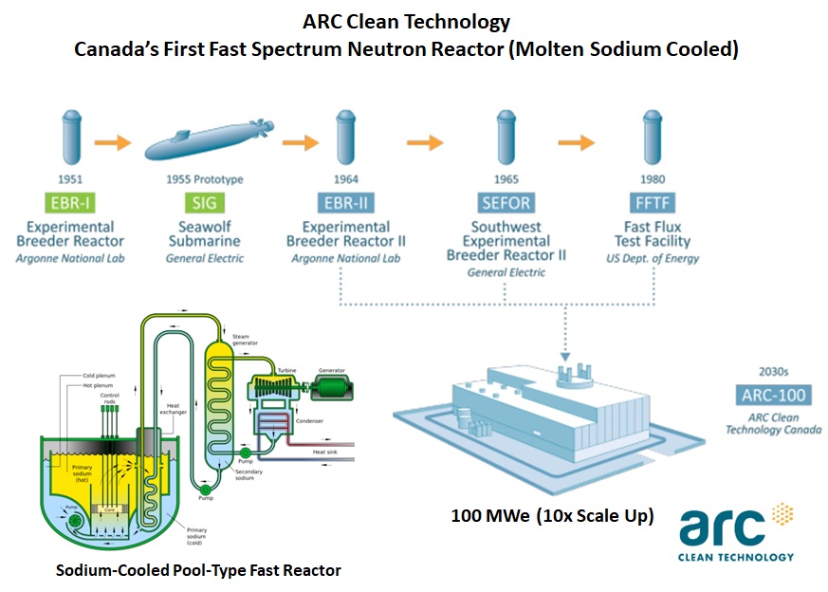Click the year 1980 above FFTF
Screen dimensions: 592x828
tap(652, 179)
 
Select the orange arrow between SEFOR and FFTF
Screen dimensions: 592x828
tap(576, 143)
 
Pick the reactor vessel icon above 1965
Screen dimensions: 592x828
tap(506, 138)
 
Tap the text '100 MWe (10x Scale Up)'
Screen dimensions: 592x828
tap(553, 517)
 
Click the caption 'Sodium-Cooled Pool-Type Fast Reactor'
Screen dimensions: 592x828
tap(198, 570)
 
